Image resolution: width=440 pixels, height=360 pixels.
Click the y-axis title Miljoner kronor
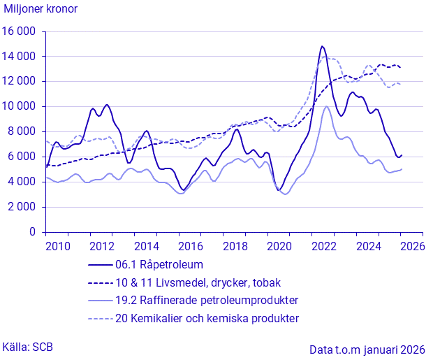coord(41,9)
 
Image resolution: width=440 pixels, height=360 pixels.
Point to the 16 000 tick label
coord(20,31)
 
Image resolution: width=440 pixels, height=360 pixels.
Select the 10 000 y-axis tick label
coord(20,106)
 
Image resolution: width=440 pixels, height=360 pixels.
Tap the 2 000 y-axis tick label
coord(22,207)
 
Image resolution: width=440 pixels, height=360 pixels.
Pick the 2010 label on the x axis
coord(58,246)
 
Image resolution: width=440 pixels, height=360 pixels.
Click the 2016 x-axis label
coord(191,246)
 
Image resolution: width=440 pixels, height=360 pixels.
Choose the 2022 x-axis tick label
coord(324,246)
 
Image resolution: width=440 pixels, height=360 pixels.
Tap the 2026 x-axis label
coord(413,246)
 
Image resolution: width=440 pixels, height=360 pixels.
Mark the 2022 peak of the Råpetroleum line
coord(322,47)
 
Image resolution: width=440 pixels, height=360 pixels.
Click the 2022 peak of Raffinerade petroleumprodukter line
coord(326,106)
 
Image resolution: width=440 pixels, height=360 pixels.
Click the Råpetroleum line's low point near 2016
coord(184,189)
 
